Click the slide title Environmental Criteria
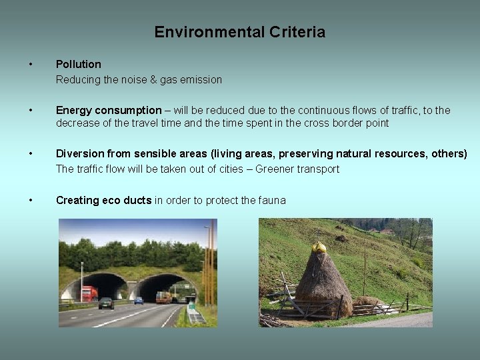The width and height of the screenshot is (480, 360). tap(240, 32)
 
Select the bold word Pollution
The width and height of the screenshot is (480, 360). tap(79, 64)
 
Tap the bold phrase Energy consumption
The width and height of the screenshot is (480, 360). tap(109, 110)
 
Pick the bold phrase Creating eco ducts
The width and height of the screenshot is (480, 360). tap(103, 200)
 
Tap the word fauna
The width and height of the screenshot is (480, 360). tap(272, 200)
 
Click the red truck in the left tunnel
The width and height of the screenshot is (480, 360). tap(89, 293)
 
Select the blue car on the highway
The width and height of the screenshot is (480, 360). tap(139, 301)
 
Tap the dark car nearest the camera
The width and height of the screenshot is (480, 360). tap(106, 303)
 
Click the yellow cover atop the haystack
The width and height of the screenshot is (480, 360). tap(319, 247)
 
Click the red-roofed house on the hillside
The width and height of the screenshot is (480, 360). tap(385, 231)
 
